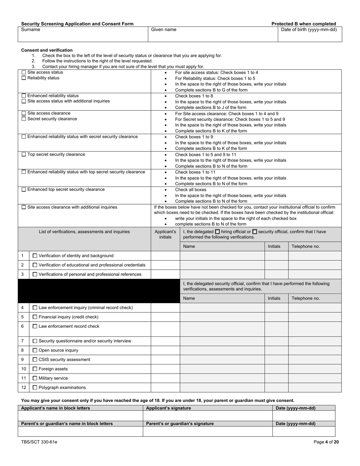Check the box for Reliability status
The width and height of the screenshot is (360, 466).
click(x=24, y=78)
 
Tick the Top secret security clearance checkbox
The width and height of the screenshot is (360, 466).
click(x=24, y=155)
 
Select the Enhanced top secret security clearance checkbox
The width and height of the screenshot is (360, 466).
click(x=24, y=189)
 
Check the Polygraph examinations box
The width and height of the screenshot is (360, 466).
click(x=35, y=388)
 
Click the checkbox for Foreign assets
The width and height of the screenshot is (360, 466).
click(x=35, y=369)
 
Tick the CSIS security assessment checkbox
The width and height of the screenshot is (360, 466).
click(x=35, y=360)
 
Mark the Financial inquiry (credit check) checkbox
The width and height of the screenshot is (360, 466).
click(x=35, y=317)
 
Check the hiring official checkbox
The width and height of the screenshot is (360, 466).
click(x=217, y=231)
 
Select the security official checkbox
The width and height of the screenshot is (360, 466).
click(x=254, y=231)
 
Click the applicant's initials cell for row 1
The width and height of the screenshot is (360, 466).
click(x=165, y=256)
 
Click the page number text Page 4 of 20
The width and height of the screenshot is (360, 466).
click(x=326, y=442)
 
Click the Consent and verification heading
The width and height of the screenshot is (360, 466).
click(x=47, y=50)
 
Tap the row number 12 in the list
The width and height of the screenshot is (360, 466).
click(x=23, y=388)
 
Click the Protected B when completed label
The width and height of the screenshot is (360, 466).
click(x=304, y=24)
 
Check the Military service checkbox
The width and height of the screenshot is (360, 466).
click(x=35, y=378)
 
